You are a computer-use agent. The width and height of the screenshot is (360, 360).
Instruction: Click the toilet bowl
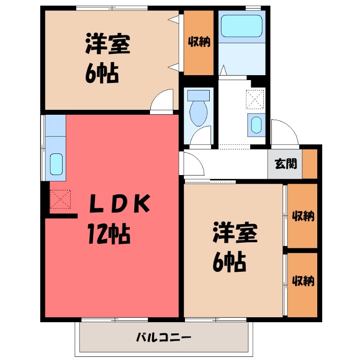click(x=198, y=113)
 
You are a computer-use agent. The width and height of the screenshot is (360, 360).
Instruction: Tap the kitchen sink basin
click(x=56, y=164)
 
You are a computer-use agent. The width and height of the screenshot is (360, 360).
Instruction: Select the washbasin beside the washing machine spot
click(x=255, y=125)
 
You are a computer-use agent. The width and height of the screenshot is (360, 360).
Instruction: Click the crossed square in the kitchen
click(x=60, y=199)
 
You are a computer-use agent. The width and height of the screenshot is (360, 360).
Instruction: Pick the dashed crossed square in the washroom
click(x=255, y=99)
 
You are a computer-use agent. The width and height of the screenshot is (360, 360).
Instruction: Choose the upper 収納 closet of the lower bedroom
click(x=303, y=216)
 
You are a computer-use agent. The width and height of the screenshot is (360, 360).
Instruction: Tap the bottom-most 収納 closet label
click(x=303, y=281)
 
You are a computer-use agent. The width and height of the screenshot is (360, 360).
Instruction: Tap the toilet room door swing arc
click(x=201, y=136)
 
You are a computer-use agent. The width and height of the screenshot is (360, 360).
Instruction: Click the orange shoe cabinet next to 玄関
click(x=310, y=163)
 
